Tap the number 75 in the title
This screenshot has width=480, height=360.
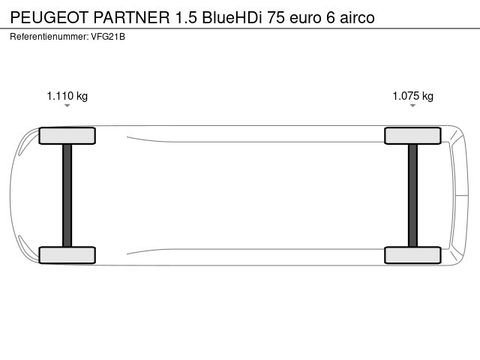(x=275, y=16)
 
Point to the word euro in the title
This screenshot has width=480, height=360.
(x=307, y=16)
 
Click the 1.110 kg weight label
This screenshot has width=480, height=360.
(x=67, y=96)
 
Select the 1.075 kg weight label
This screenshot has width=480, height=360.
(x=413, y=96)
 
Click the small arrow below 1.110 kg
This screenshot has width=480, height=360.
(x=67, y=106)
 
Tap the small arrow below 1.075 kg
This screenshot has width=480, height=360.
(x=413, y=106)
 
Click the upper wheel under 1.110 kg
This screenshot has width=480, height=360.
(x=67, y=136)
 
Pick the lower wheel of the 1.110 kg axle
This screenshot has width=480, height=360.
(x=67, y=255)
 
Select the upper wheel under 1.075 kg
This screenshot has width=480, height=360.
(x=412, y=136)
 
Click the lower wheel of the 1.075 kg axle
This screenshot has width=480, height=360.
(x=412, y=255)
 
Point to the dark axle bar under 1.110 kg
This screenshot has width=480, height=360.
(x=67, y=195)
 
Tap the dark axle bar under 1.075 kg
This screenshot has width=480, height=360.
(x=412, y=195)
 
